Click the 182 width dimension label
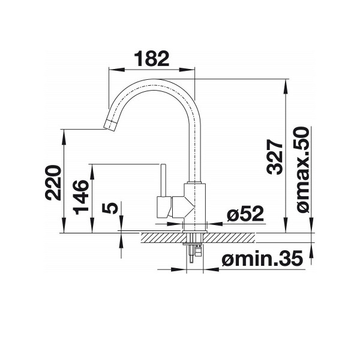(x=151, y=59)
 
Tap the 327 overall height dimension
(x=274, y=157)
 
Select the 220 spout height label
(x=53, y=183)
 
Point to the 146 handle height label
(x=81, y=197)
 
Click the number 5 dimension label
(x=110, y=208)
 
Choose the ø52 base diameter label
(x=245, y=214)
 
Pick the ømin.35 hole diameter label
(x=262, y=259)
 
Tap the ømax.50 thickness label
(x=302, y=170)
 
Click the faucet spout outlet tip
(x=110, y=125)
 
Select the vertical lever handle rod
(x=163, y=181)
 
